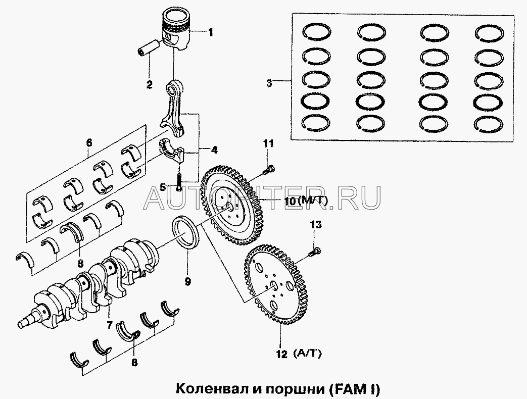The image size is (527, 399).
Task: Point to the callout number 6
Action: pos(89,143)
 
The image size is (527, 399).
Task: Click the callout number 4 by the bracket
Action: pos(214,151)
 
